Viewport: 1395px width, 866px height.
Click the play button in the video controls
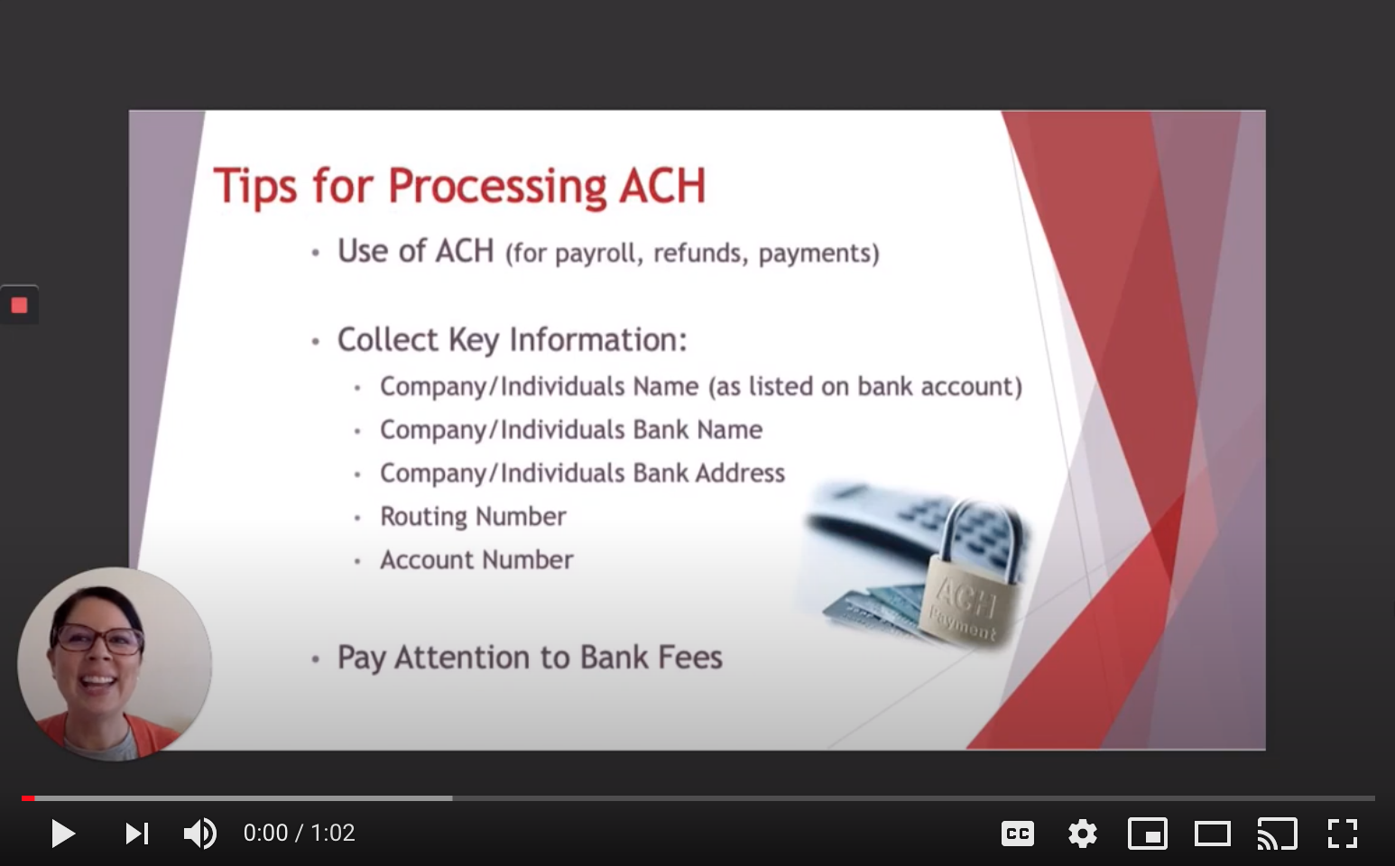[x=63, y=833]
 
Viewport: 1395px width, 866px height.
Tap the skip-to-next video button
[x=137, y=834]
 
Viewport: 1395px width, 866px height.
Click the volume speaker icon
[x=200, y=833]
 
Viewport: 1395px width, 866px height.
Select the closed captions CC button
[x=1018, y=834]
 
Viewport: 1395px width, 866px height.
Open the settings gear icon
[x=1083, y=834]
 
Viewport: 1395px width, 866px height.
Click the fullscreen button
[x=1342, y=834]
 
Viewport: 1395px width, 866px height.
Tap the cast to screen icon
[x=1278, y=834]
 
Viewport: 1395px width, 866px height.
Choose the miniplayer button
[x=1147, y=834]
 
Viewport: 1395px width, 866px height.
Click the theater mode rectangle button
[x=1213, y=834]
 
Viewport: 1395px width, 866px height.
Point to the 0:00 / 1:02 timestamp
[x=299, y=833]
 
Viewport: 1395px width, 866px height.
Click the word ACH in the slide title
[x=662, y=186]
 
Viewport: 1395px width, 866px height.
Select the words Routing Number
[x=474, y=517]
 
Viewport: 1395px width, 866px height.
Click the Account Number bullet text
[x=476, y=559]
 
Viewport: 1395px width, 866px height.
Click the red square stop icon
[x=19, y=305]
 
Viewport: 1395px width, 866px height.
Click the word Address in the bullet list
[x=740, y=474]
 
